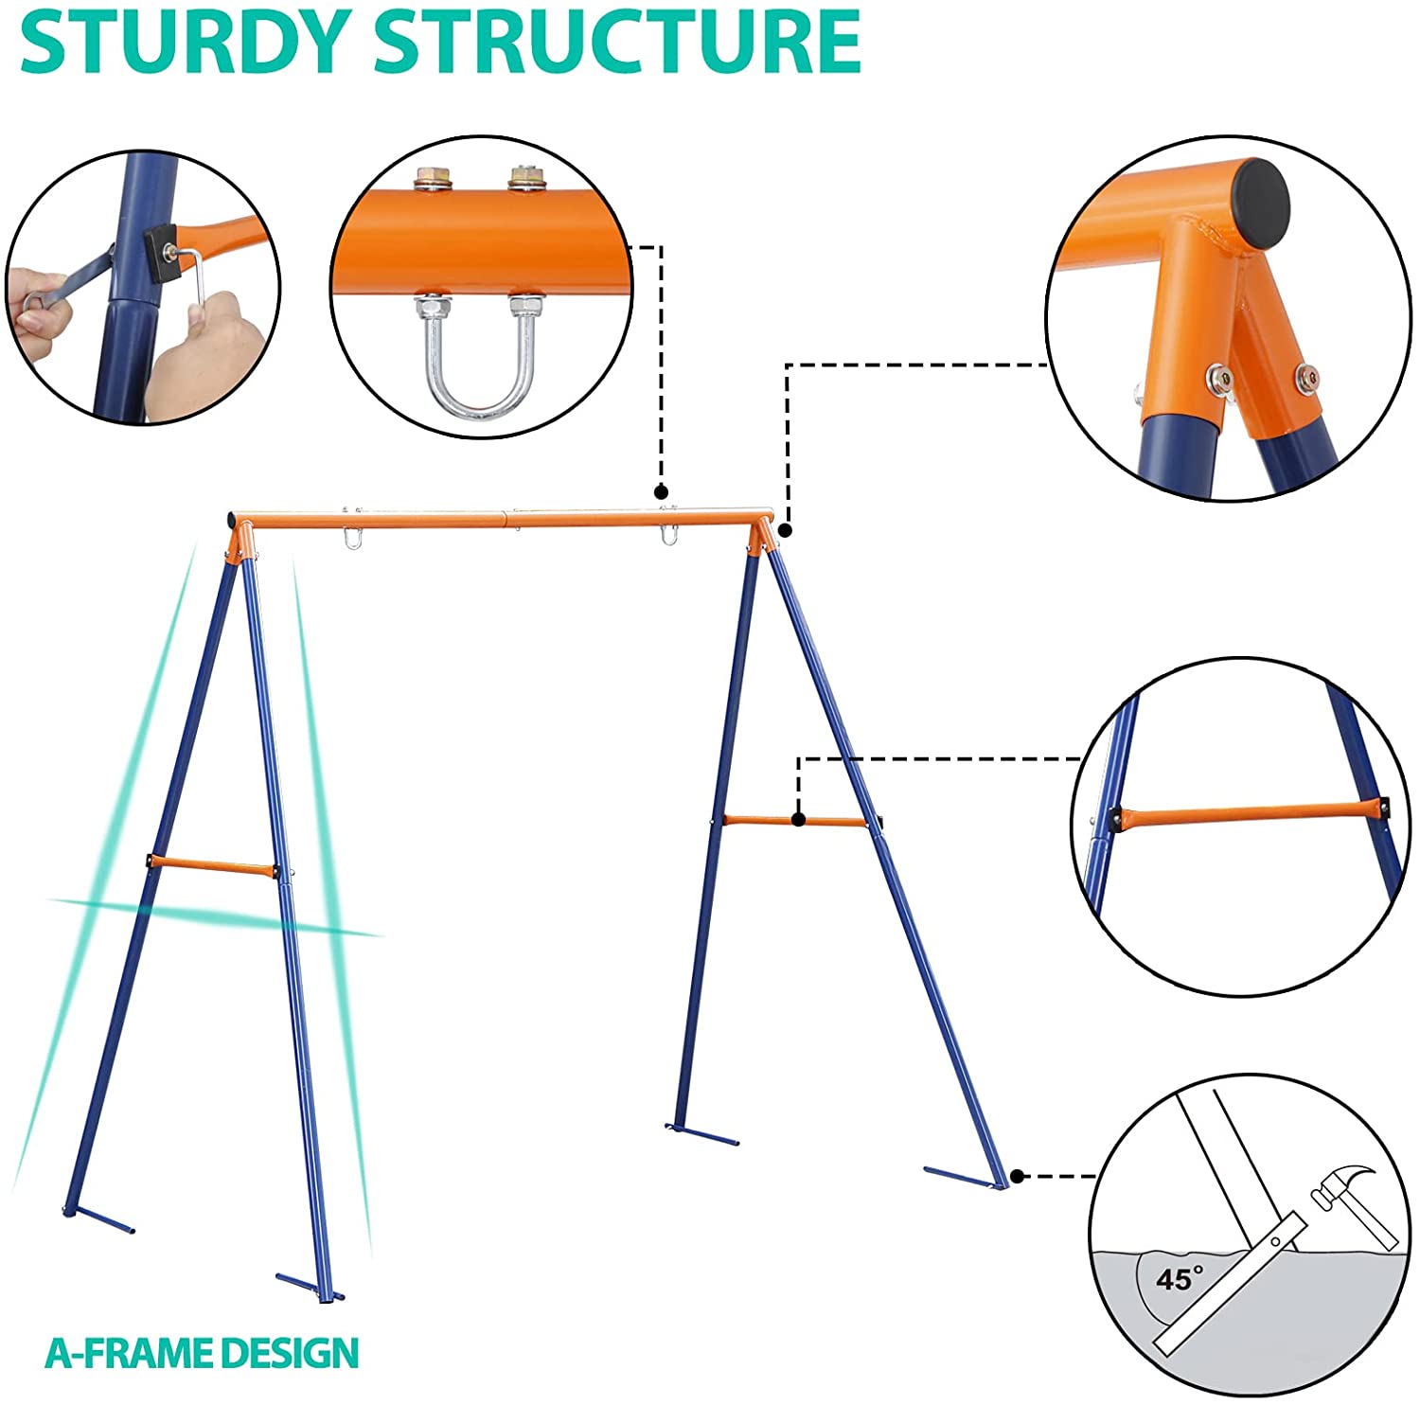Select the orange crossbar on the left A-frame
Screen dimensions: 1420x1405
[212, 865]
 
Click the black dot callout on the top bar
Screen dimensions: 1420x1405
[661, 492]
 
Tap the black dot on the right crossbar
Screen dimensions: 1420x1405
[799, 819]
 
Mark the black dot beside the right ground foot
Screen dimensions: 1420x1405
[1017, 1176]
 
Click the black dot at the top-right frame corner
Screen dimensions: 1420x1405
[785, 530]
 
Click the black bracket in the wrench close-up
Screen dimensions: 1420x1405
[158, 253]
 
